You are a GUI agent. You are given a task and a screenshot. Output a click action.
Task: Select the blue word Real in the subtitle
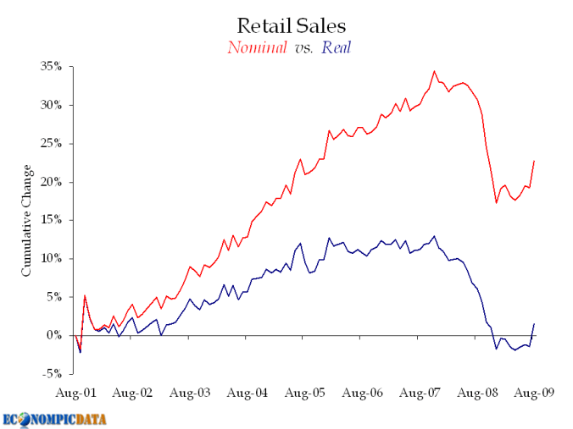click(x=337, y=47)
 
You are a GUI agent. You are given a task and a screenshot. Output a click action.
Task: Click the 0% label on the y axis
click(x=54, y=335)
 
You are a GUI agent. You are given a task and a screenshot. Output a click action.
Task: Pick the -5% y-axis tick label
click(x=53, y=373)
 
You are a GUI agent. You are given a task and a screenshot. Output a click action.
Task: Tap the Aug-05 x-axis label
click(x=305, y=394)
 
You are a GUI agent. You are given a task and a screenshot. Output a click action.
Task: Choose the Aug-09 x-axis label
click(x=534, y=394)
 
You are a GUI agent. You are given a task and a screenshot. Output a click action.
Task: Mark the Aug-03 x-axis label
click(x=191, y=394)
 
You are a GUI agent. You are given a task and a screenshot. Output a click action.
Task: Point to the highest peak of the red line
click(x=434, y=71)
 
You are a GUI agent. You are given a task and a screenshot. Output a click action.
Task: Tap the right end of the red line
click(x=534, y=161)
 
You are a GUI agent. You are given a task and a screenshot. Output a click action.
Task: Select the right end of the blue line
click(x=534, y=324)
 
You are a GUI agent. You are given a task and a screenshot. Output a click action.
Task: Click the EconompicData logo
click(x=59, y=418)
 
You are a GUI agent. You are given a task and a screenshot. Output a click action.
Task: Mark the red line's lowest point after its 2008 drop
click(x=496, y=202)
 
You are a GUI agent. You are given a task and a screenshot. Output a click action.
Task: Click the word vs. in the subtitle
click(x=303, y=48)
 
